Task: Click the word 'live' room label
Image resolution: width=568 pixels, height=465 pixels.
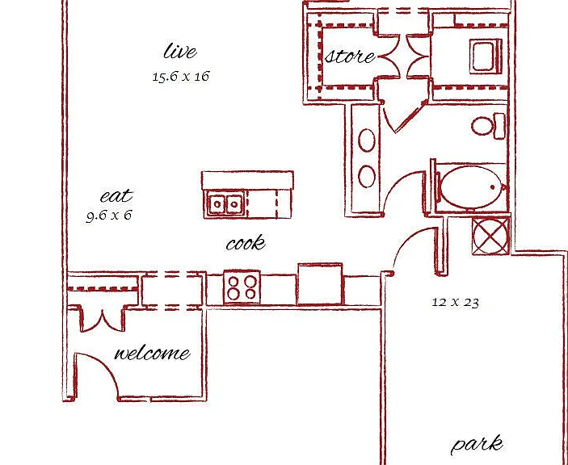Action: [x=180, y=51]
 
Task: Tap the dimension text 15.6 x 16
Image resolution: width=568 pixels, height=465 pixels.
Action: [x=181, y=77]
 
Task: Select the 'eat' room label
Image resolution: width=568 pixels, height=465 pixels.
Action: [x=116, y=196]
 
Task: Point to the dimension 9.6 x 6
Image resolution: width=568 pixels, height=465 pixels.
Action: [x=109, y=216]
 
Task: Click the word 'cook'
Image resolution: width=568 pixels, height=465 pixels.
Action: [x=246, y=243]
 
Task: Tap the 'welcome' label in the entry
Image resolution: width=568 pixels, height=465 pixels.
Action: [x=152, y=353]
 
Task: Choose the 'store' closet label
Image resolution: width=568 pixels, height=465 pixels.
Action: [x=350, y=57]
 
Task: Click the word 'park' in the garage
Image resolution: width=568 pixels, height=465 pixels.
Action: [x=477, y=445]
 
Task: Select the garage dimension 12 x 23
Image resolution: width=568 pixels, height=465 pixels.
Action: [x=456, y=302]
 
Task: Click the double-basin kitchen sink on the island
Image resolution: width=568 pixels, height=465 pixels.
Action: [x=225, y=204]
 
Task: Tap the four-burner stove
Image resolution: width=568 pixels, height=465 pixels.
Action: [x=242, y=287]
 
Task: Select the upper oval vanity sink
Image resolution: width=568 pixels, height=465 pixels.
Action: [x=367, y=140]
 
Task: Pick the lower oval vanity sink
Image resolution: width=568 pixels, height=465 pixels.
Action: [x=367, y=176]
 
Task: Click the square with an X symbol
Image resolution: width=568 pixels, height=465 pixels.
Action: [x=491, y=236]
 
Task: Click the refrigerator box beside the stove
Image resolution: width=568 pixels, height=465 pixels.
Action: [x=320, y=284]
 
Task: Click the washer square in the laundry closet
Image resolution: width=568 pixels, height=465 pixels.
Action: [x=486, y=57]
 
